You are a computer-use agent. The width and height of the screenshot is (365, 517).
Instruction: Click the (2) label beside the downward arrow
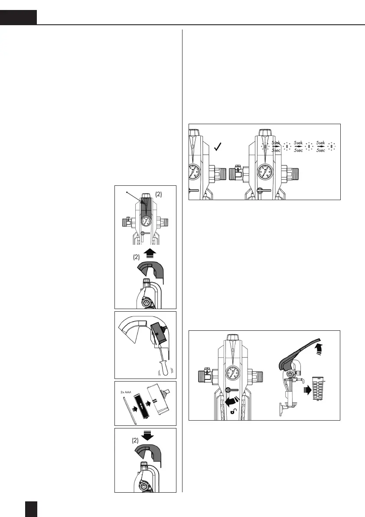point(136,440)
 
